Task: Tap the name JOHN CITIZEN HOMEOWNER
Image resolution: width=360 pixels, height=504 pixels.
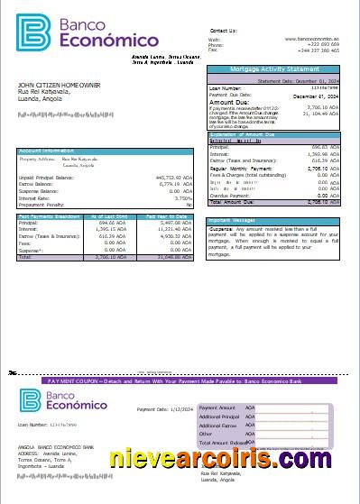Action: tap(60, 85)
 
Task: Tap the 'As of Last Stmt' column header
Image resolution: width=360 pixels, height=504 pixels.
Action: tap(108, 216)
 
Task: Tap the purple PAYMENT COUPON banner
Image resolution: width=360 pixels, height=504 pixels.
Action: tap(180, 381)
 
